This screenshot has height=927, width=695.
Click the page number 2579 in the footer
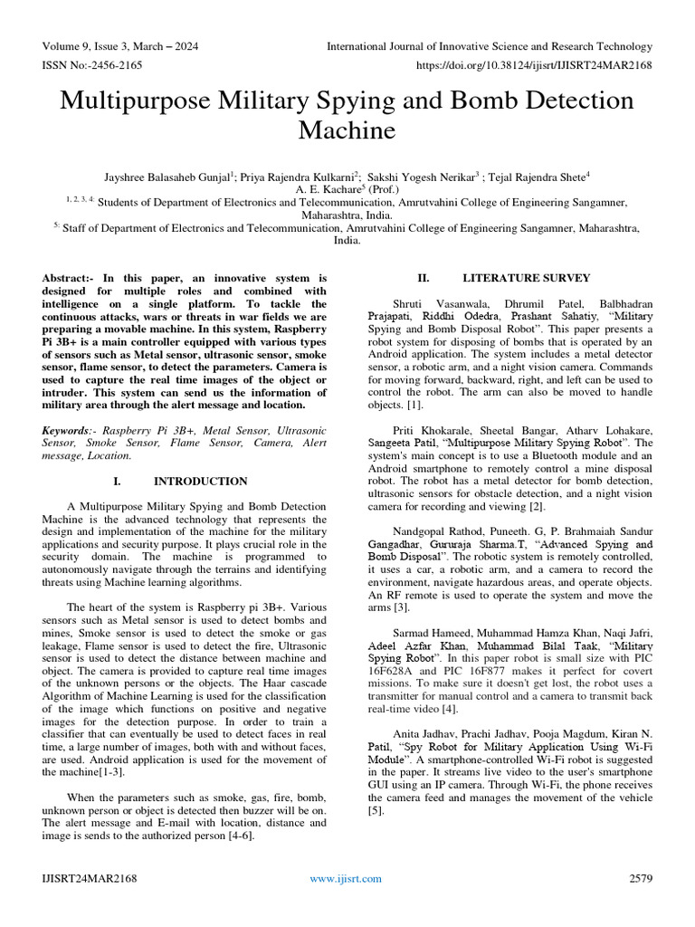click(x=640, y=878)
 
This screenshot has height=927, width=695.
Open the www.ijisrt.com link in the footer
click(x=346, y=878)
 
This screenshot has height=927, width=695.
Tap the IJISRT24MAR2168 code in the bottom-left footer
click(x=90, y=878)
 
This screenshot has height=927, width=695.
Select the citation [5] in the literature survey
click(x=376, y=811)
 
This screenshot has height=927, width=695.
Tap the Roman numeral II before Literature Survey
click(x=422, y=278)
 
